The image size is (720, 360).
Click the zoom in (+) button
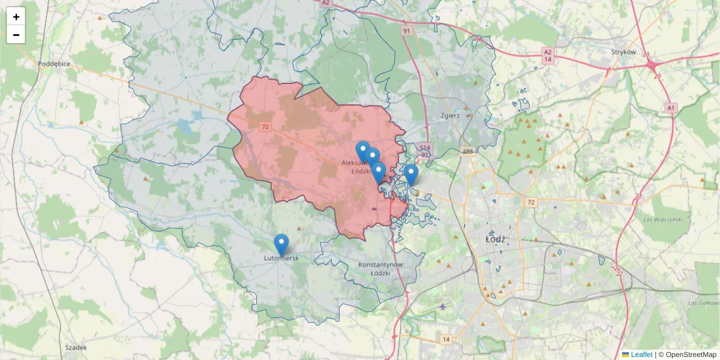point(16,17)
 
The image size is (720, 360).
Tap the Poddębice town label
point(54,63)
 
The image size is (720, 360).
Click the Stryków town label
point(623,52)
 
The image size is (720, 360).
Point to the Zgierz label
point(449,116)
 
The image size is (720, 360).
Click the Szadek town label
point(76,347)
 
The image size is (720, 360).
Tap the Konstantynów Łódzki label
point(380,268)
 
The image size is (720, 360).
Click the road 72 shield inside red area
point(265,127)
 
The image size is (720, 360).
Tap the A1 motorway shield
point(671,107)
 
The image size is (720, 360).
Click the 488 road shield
point(468,152)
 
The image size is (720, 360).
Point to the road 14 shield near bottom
point(446,340)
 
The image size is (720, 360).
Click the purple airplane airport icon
point(443,307)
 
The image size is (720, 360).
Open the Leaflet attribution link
point(641,355)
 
